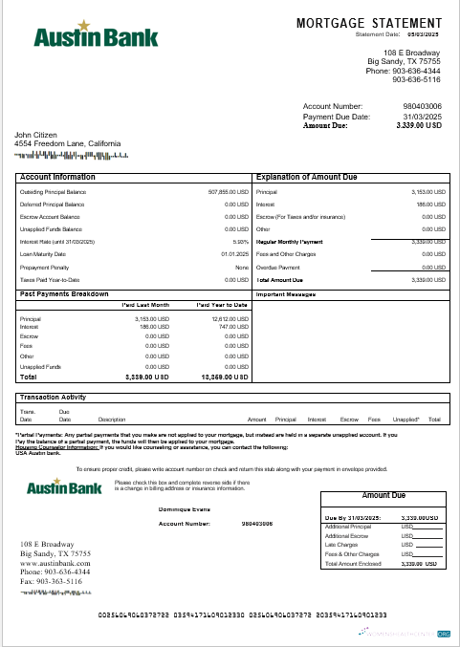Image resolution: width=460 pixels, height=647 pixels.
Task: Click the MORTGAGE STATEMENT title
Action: coord(369,22)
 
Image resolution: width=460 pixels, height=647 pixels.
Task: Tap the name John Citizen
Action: coord(34,135)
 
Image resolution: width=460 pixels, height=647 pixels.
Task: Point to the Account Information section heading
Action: coord(57,177)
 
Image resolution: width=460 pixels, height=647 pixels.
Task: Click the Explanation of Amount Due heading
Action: coord(307,177)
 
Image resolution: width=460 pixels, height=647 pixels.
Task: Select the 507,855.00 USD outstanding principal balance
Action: coord(229,192)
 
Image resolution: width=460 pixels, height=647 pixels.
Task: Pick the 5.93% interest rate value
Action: coord(241,242)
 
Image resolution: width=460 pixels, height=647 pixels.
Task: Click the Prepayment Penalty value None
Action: coord(242,267)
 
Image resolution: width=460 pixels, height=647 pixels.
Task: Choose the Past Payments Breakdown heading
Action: coord(64,294)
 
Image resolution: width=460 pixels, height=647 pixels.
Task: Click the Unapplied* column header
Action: coord(406,420)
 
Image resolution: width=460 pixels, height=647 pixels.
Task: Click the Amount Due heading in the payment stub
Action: coord(384,496)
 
